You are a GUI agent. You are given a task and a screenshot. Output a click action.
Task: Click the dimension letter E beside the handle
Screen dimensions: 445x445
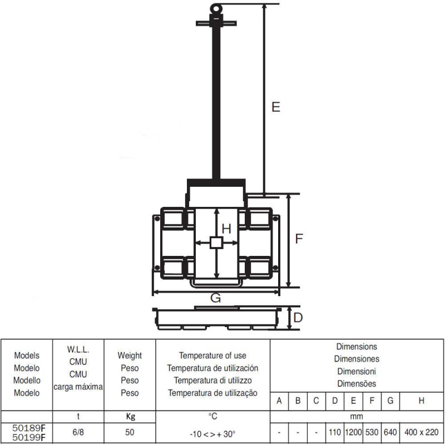tap(276, 107)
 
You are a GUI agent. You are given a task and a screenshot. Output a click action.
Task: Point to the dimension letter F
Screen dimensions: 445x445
tap(299, 239)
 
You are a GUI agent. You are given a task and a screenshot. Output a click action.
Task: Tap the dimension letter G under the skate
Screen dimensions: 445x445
tap(216, 298)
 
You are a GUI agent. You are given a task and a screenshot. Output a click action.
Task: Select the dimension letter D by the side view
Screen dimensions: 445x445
tap(298, 318)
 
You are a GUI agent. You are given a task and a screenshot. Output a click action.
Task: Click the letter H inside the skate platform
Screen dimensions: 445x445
tap(226, 229)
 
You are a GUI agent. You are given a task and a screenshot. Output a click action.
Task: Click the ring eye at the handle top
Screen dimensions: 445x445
tap(216, 8)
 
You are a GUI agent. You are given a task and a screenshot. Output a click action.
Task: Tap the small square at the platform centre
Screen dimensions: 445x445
tap(216, 243)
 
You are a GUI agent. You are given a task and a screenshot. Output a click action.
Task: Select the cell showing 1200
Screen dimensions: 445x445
tap(353, 432)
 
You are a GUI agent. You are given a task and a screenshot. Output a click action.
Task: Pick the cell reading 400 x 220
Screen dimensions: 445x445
tap(422, 432)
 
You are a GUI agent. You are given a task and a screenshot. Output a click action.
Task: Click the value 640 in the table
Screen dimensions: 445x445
tap(390, 432)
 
